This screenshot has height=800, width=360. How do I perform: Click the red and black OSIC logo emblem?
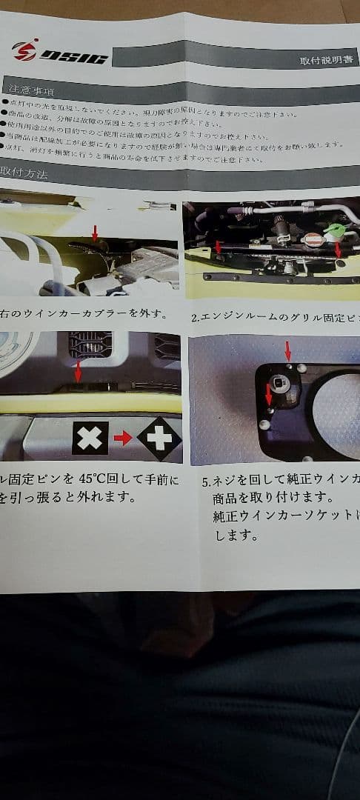point(24,51)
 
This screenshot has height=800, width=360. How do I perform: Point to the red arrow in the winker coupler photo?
point(94,233)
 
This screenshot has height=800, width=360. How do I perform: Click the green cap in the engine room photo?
point(336,230)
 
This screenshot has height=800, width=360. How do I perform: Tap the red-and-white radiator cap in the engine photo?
point(314,240)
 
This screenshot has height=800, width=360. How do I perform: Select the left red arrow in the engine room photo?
point(218,246)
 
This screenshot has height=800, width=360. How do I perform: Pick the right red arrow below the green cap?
point(338,250)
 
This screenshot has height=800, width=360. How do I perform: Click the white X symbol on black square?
point(90,438)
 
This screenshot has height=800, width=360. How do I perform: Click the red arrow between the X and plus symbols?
point(123,439)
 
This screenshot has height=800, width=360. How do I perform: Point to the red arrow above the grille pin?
point(78,370)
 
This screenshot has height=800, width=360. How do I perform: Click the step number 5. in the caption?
point(207,481)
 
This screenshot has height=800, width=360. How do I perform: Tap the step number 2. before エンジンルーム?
point(196,318)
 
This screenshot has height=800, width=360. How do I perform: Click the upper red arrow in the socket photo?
point(288,350)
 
